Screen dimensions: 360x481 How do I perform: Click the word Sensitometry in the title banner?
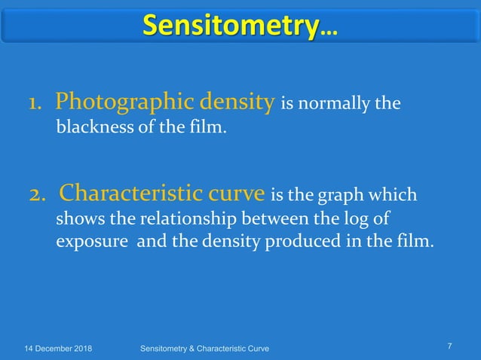point(229,26)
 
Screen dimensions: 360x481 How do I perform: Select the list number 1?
point(35,102)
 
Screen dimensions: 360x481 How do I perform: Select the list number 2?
point(38,195)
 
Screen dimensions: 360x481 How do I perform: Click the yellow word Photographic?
point(113,102)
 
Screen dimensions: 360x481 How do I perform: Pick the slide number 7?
point(449,346)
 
